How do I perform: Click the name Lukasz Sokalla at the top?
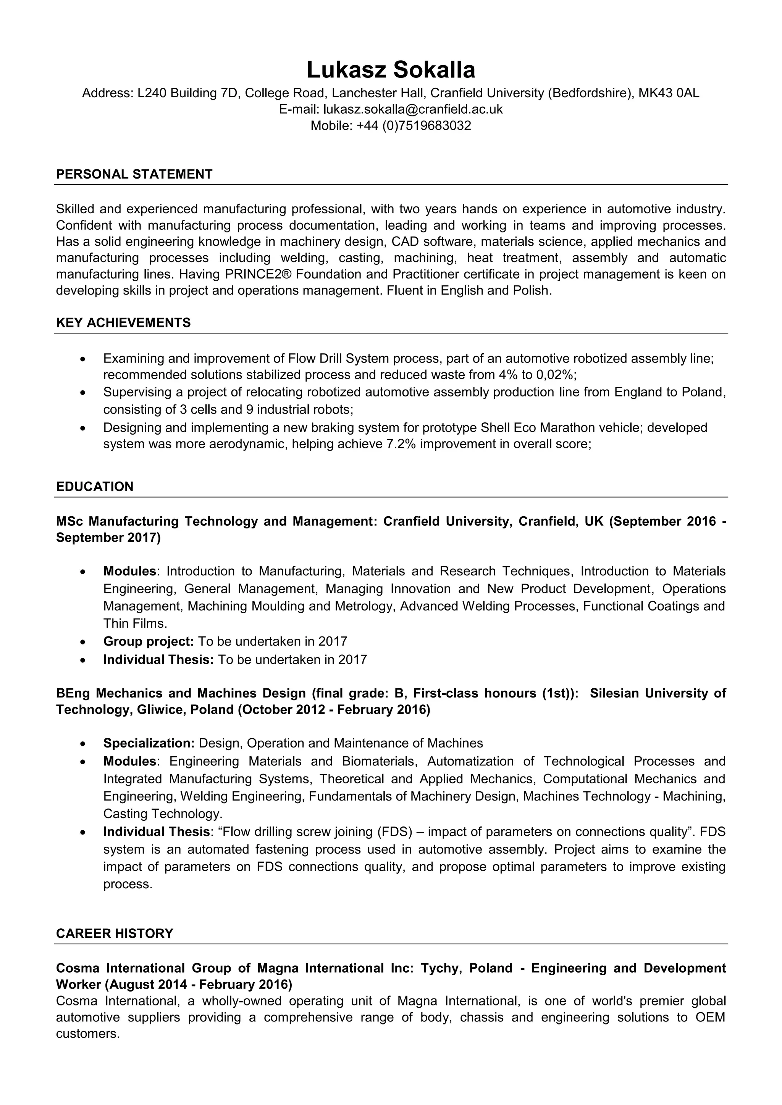click(391, 70)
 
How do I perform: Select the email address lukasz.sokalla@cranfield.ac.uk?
click(413, 109)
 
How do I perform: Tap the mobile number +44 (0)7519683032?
click(414, 126)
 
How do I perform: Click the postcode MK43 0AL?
click(668, 93)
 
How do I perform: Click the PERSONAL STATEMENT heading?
click(134, 174)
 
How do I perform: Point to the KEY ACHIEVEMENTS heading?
click(123, 322)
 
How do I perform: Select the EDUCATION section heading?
click(94, 486)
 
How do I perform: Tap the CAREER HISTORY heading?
click(114, 934)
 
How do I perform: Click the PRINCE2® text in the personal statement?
click(252, 274)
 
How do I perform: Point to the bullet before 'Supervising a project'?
click(83, 393)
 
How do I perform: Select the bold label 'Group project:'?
click(148, 641)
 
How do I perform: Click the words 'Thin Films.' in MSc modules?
click(135, 624)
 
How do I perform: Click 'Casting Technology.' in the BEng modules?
click(163, 814)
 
